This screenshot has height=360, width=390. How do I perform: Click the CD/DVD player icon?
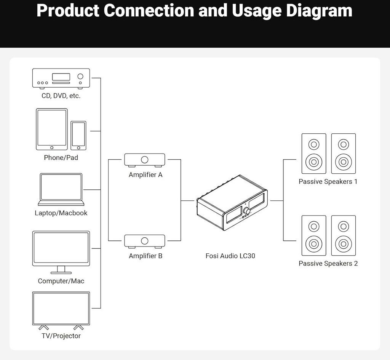61,78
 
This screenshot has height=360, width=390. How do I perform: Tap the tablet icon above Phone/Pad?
52,129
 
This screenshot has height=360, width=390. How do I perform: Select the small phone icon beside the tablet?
78,135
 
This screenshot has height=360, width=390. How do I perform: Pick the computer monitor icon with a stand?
61,251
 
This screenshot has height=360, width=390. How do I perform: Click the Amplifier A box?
144,160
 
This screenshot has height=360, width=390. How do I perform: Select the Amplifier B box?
144,241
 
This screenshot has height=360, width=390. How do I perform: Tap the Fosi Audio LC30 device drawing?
232,202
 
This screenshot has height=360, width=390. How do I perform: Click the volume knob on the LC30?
247,211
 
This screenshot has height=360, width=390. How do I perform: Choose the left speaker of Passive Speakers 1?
314,154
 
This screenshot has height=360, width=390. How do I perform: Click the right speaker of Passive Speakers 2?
344,235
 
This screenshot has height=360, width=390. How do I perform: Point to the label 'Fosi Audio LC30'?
230,256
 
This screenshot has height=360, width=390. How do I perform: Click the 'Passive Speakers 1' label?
328,182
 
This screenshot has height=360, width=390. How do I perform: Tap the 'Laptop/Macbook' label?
61,213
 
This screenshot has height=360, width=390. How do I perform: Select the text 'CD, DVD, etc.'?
61,96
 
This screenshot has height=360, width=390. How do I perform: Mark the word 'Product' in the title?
68,11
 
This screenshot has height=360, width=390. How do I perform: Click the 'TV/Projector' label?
61,336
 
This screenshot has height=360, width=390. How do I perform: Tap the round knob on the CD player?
80,76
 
